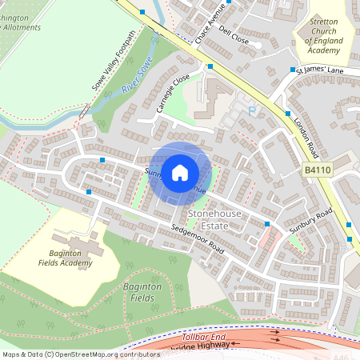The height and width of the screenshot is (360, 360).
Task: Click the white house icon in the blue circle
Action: click(180, 172)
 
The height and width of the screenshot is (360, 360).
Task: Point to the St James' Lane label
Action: click(319, 72)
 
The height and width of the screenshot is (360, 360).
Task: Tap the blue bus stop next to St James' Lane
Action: click(292, 70)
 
